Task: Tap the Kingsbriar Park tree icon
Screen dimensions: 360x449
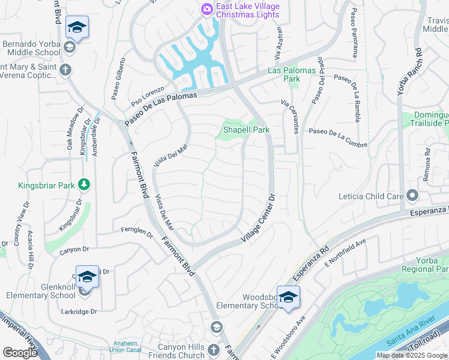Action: (x=85, y=184)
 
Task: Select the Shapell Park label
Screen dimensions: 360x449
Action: (x=246, y=130)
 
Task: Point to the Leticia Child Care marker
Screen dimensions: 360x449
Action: (x=412, y=196)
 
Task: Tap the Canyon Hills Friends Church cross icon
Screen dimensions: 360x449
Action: (x=214, y=349)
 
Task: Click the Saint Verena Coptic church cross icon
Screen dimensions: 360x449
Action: (x=65, y=70)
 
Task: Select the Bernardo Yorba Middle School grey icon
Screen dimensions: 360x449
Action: (x=69, y=47)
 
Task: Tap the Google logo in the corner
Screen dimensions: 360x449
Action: (x=20, y=353)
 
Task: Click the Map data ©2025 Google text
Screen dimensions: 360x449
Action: (x=411, y=355)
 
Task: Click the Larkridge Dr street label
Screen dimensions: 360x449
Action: (x=79, y=311)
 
